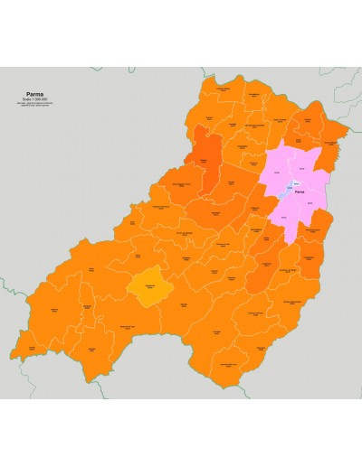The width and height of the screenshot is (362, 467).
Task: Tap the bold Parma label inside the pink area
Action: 300,191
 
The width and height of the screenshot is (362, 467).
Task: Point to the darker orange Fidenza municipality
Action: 205,161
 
